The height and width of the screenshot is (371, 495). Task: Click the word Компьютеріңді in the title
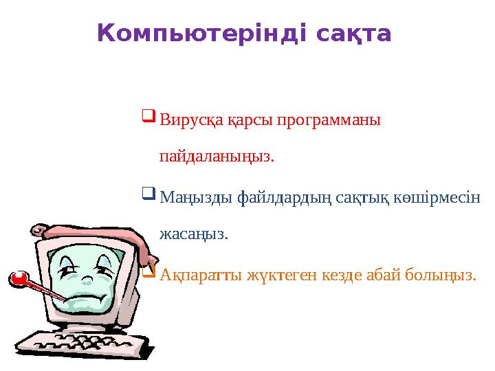201,34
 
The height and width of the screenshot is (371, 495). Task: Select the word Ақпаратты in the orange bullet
194,276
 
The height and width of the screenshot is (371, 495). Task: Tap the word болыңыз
439,276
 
